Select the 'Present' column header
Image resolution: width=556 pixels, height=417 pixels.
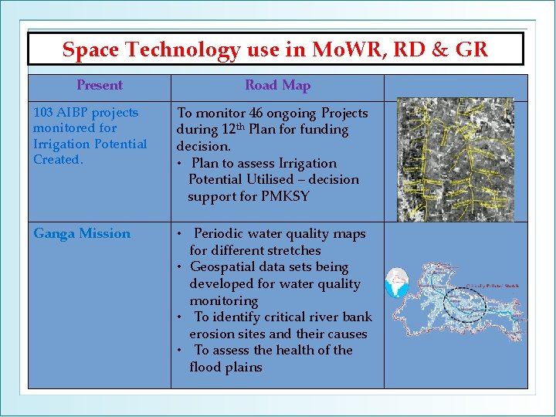[100, 86]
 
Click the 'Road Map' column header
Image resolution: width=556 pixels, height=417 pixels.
[277, 86]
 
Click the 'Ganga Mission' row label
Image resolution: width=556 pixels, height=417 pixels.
[82, 233]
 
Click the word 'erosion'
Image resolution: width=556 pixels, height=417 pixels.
[212, 334]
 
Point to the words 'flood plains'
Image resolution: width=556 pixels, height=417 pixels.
[225, 367]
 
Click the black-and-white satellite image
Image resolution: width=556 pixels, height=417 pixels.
[455, 160]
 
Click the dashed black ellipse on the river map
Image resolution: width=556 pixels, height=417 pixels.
[463, 302]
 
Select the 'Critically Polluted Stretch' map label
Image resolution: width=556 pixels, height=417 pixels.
[492, 286]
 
